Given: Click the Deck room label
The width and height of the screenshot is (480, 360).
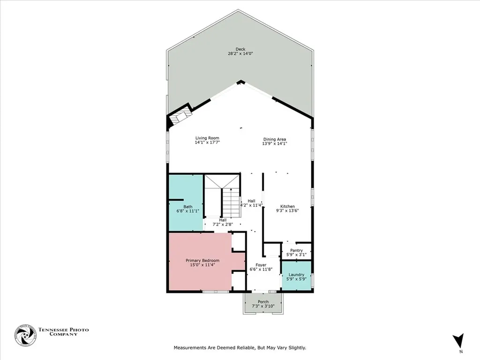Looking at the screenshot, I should [x=240, y=49].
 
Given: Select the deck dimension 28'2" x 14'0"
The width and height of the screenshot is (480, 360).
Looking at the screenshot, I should [x=240, y=54].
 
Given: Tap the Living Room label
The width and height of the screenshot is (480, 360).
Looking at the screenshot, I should [x=207, y=138].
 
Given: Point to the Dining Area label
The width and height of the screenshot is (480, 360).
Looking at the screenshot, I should [x=274, y=139].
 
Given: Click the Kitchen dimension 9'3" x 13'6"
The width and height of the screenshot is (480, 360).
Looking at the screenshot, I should [x=287, y=211].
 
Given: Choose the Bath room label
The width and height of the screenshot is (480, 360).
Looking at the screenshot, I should [x=187, y=207].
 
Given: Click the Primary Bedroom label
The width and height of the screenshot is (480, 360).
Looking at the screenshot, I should [x=202, y=261].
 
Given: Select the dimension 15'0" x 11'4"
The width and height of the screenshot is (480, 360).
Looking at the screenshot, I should [x=202, y=265].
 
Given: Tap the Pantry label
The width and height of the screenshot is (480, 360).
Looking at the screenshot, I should [x=296, y=250].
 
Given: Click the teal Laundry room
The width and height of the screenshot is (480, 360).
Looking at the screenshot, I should [x=296, y=277].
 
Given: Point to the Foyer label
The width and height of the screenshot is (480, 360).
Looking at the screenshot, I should [x=261, y=265].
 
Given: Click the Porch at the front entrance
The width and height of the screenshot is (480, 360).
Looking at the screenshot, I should [x=263, y=303].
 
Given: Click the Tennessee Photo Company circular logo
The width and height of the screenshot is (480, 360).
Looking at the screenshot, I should [x=25, y=335].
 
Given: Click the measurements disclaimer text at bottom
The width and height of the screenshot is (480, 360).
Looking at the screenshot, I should [x=240, y=348].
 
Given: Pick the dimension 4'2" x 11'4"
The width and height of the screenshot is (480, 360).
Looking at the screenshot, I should [x=252, y=205].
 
